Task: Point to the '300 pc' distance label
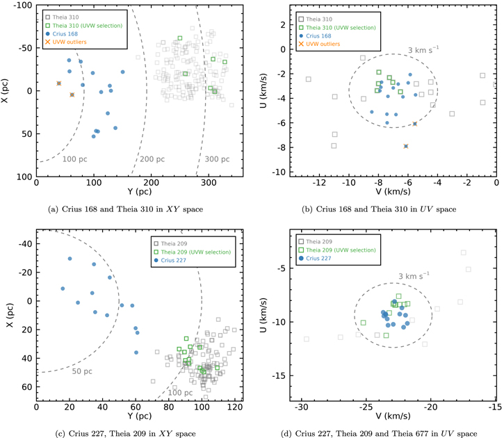[217, 159]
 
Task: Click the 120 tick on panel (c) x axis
[235, 407]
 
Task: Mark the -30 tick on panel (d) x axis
[302, 407]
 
